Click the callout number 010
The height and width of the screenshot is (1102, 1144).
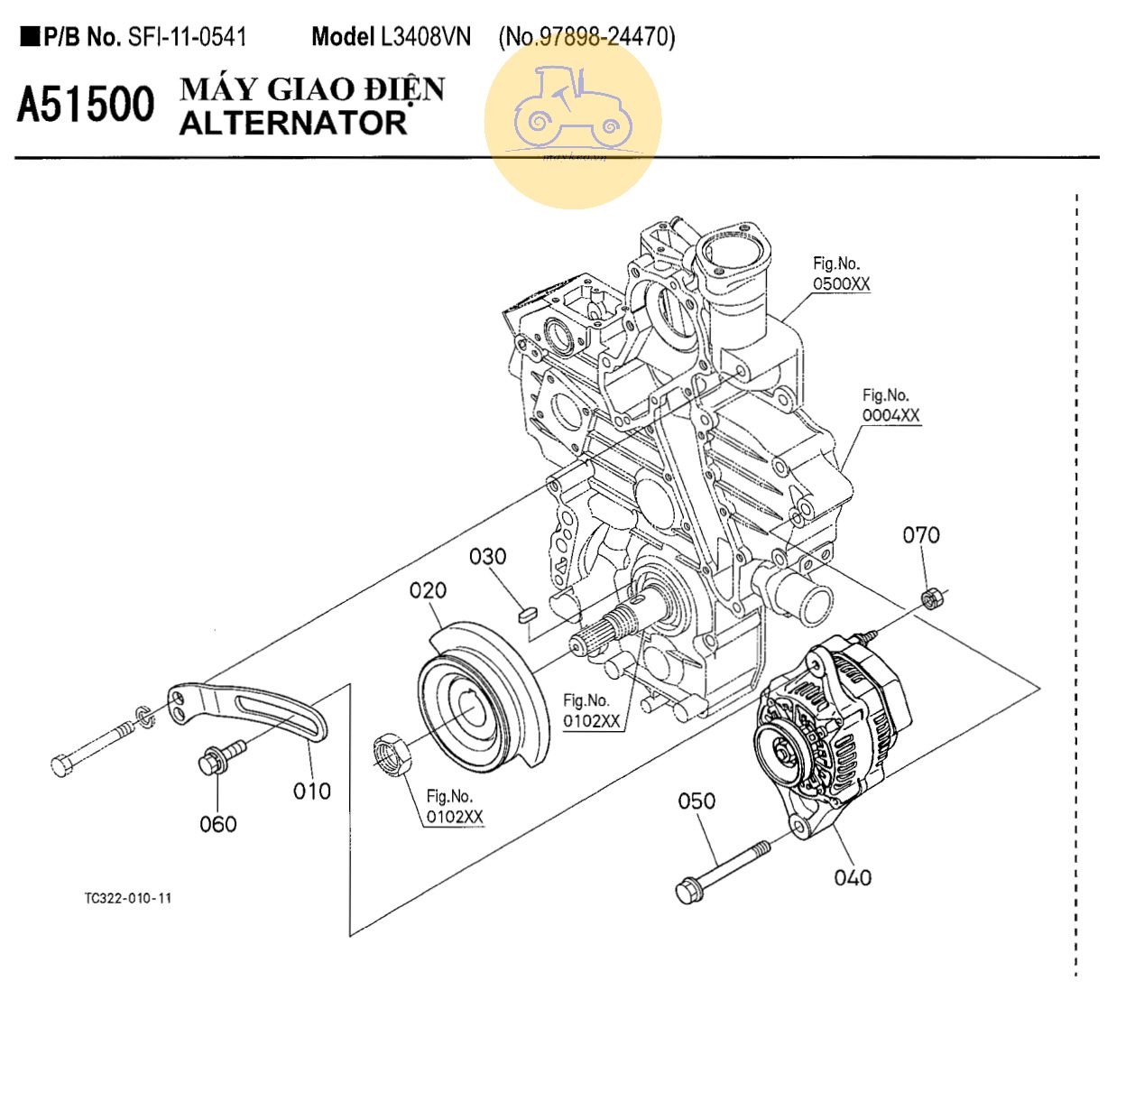tap(312, 792)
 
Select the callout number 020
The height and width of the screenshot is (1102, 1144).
tap(428, 590)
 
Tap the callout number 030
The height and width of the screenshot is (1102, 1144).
tap(487, 557)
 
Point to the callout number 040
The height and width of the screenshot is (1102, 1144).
tap(853, 877)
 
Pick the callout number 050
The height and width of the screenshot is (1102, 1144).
tap(697, 801)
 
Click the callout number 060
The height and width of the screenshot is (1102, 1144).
tap(218, 824)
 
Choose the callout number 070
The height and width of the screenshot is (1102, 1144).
tap(921, 535)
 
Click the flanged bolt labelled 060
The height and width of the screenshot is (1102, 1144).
tap(220, 757)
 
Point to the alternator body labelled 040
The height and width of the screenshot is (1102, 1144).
tap(830, 731)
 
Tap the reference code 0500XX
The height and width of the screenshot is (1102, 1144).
tap(842, 284)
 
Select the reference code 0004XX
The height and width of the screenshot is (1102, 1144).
tap(890, 415)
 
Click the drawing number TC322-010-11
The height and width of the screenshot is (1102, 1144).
tap(128, 898)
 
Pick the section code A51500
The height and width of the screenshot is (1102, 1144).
tap(87, 106)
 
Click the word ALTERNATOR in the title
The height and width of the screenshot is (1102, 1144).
tap(293, 123)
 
